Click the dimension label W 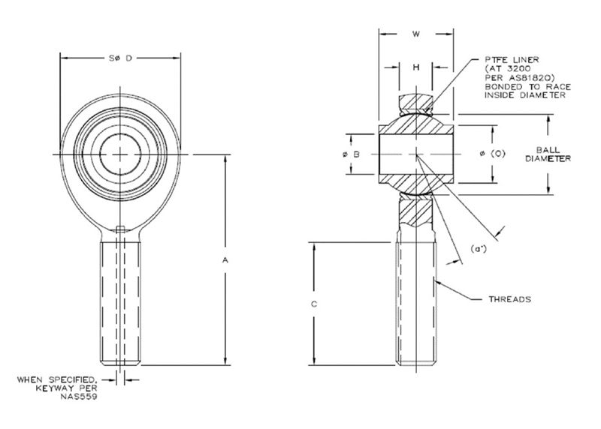(415, 34)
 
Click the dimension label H (415, 67)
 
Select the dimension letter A (225, 259)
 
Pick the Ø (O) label (491, 154)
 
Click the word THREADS (510, 298)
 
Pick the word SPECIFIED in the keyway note (74, 380)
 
